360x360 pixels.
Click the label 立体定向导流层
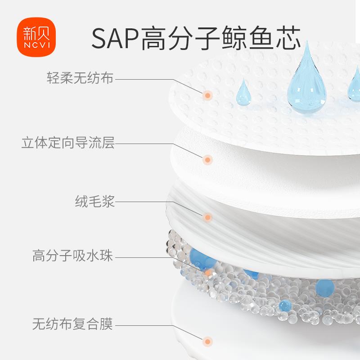coord(68,144)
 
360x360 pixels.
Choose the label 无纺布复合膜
coord(73,323)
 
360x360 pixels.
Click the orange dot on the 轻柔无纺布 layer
coord(207,95)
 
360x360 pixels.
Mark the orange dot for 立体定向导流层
coord(207,159)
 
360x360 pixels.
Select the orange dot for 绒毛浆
coord(207,218)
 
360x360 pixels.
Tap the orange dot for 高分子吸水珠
coord(207,273)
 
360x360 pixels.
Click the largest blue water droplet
coord(306,85)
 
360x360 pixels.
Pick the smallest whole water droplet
coord(243,93)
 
